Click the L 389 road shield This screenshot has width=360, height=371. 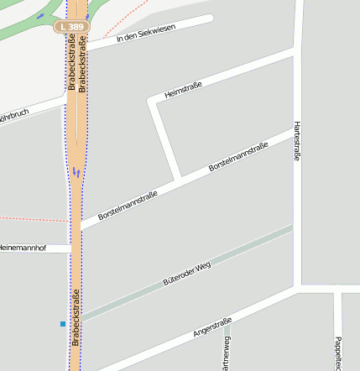[72, 27]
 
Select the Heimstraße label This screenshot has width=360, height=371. [184, 87]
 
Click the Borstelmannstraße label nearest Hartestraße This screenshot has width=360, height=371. [238, 157]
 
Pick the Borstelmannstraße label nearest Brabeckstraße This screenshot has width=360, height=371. [128, 205]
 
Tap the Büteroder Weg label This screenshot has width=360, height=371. [186, 274]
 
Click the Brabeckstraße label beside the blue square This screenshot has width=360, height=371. [76, 316]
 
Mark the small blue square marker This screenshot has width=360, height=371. [62, 323]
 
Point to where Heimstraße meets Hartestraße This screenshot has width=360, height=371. [296, 53]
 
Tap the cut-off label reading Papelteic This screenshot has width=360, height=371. [337, 353]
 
